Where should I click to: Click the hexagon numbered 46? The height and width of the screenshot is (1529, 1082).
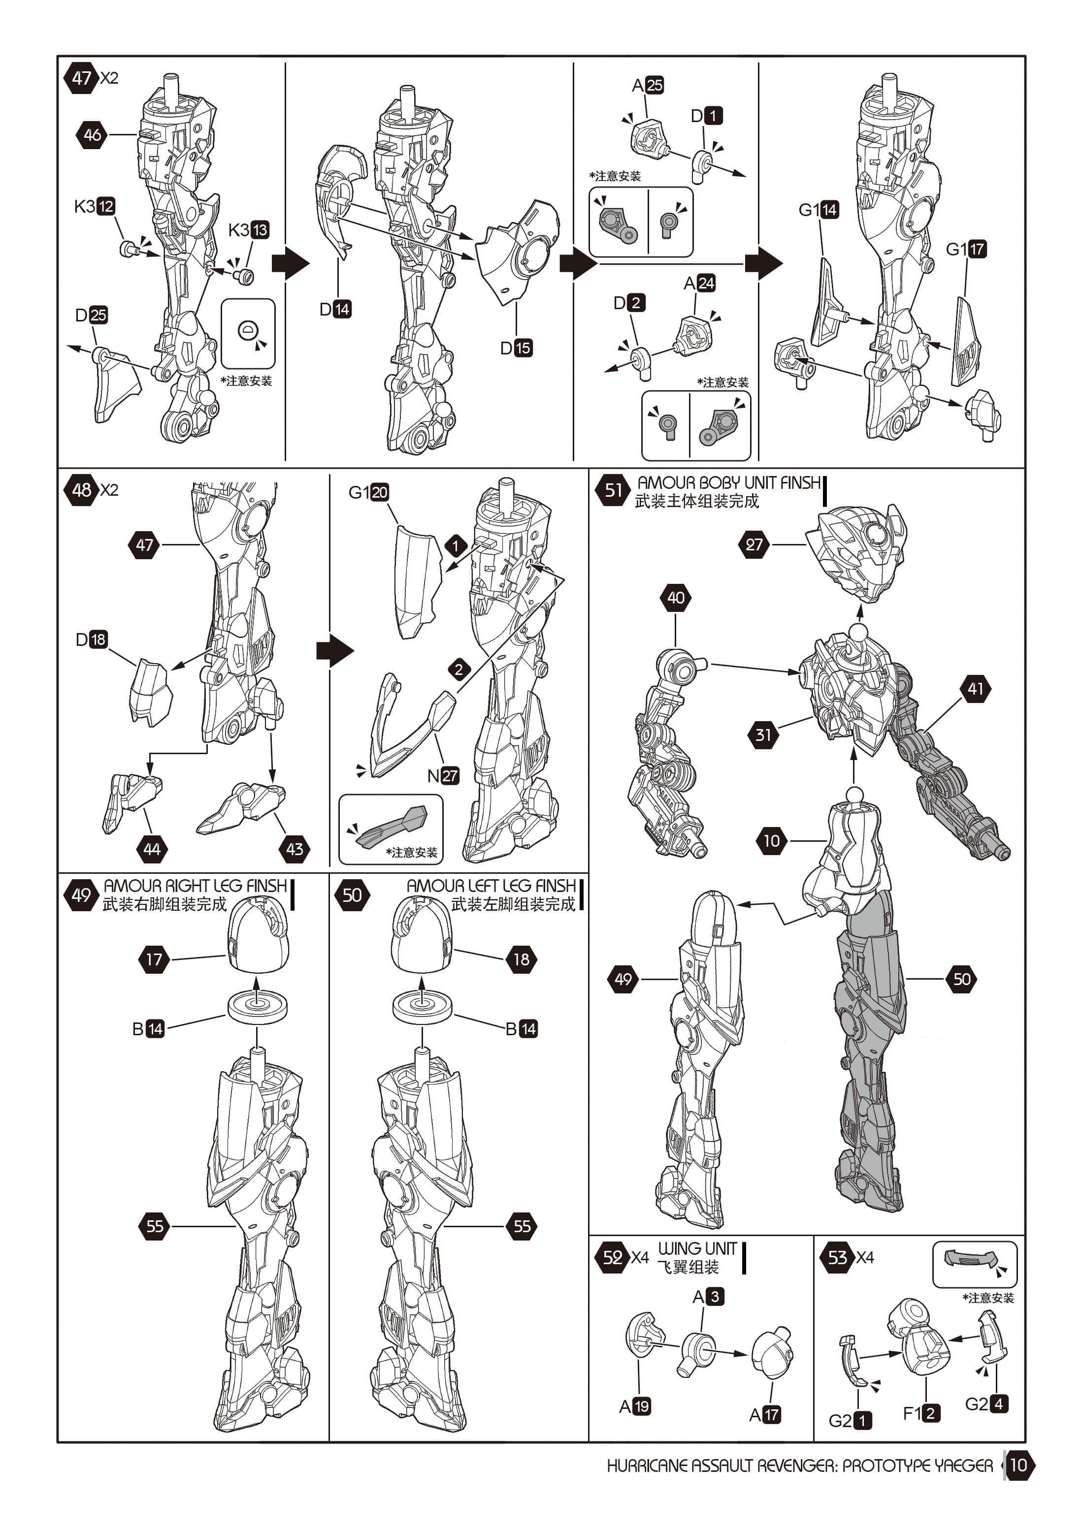coord(92,134)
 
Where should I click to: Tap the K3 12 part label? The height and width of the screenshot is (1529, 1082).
coord(95,206)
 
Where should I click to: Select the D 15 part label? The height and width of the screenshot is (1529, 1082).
coord(516,348)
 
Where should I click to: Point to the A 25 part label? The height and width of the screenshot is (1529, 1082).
coord(647,85)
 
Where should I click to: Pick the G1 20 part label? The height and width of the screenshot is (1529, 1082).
coord(368,492)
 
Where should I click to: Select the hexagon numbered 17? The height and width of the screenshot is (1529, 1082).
coord(154,959)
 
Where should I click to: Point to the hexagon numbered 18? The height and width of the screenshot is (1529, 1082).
coord(521,959)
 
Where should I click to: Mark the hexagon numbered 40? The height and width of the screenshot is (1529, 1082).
coord(676,597)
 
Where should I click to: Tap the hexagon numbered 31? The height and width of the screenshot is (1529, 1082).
coord(763,734)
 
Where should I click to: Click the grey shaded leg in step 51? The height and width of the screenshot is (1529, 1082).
coord(869,1052)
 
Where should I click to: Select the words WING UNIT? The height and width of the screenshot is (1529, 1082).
coord(697,1248)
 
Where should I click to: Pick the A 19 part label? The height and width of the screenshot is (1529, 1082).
coord(634,1406)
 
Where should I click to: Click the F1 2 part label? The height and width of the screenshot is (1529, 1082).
coord(921,1412)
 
